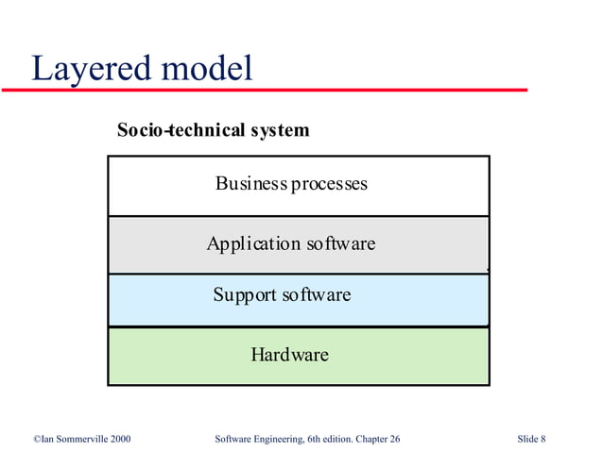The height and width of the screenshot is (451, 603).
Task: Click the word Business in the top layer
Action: click(x=250, y=183)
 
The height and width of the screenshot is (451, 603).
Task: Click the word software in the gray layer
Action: click(x=340, y=243)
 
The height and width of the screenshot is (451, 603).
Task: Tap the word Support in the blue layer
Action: click(x=244, y=295)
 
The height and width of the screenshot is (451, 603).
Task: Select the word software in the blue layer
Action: click(x=316, y=295)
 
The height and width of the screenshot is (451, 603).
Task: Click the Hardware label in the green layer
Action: click(x=289, y=355)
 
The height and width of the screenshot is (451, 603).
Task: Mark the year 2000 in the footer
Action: click(x=119, y=439)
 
